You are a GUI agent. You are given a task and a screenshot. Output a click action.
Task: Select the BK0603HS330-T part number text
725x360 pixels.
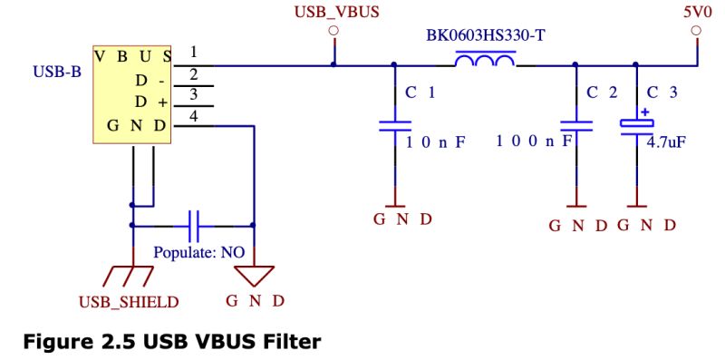point(485,38)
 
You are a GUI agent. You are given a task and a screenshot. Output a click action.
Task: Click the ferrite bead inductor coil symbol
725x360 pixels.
point(485,61)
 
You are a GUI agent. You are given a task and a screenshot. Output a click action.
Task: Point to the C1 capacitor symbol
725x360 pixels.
point(394,126)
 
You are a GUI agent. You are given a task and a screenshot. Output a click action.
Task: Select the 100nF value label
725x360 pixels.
point(537,141)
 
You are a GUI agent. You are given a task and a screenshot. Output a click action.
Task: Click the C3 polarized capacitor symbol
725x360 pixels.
point(636,126)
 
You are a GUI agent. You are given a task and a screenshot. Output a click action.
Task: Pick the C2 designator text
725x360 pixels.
point(601,92)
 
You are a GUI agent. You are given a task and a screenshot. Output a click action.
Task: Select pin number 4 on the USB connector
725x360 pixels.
point(193,114)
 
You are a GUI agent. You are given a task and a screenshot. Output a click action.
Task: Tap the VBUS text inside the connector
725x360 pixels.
point(133,54)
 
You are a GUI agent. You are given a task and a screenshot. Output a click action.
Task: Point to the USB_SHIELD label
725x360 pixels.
point(133,301)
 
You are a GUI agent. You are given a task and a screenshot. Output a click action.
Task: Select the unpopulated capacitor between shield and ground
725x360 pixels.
point(193,224)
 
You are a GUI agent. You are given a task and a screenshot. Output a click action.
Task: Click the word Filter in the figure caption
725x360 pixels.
point(291,342)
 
